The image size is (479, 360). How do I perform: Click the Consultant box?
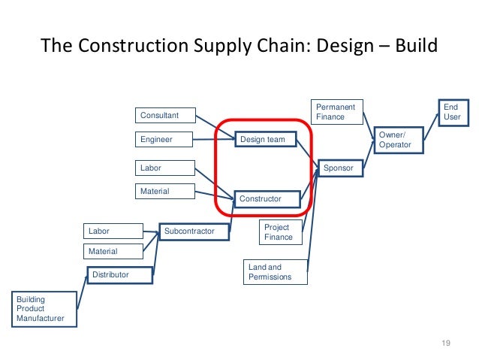click(x=165, y=116)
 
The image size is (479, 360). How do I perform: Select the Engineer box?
click(x=165, y=140)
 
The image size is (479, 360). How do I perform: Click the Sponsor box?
click(x=342, y=167)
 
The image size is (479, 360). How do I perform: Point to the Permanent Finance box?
click(x=339, y=112)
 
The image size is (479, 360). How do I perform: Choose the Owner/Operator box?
click(x=399, y=140)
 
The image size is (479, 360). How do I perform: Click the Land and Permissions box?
click(x=277, y=272)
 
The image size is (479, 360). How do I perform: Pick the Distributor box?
click(x=120, y=275)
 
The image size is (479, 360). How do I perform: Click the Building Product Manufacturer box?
click(x=45, y=309)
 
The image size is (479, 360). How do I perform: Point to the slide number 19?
click(x=445, y=343)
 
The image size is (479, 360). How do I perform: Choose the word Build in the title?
click(x=411, y=47)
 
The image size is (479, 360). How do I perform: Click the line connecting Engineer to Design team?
click(x=214, y=139)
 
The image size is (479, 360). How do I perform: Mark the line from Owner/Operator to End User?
click(x=430, y=126)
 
